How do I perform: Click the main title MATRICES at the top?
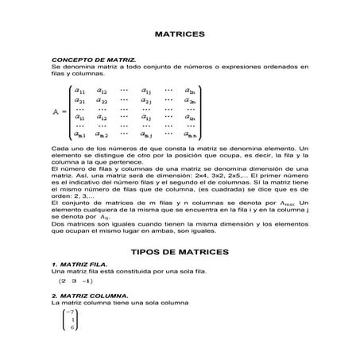(180, 35)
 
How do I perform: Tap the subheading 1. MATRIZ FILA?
(80, 264)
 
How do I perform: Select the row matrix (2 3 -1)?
(76, 281)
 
